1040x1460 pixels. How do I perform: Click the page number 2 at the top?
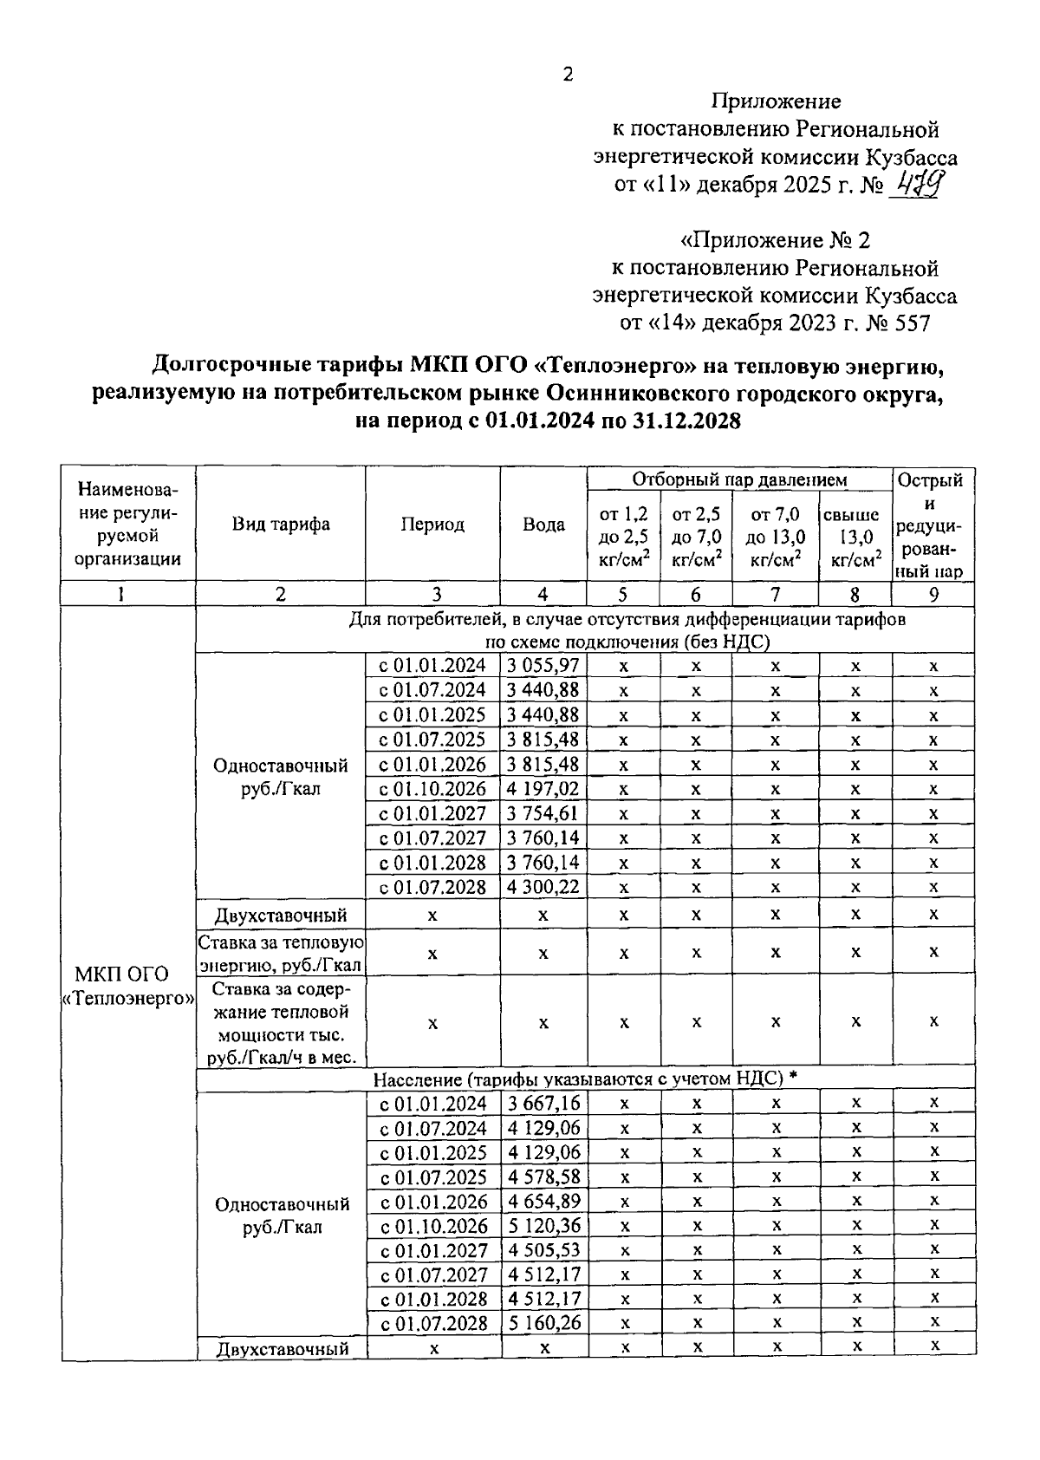[568, 75]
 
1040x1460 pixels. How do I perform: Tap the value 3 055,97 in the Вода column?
[543, 666]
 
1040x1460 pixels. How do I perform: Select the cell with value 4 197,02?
[543, 789]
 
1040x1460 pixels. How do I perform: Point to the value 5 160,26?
[543, 1323]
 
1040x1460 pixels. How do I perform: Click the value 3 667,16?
[543, 1103]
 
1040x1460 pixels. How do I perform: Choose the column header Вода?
[543, 525]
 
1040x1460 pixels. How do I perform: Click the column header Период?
[432, 525]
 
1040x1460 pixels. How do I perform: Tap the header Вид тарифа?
[280, 525]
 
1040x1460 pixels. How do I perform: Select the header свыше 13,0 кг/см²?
[855, 538]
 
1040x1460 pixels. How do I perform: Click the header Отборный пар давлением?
[739, 479]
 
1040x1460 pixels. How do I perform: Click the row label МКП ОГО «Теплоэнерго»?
[128, 986]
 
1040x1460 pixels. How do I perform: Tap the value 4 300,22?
[543, 887]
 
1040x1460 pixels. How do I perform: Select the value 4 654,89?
[543, 1201]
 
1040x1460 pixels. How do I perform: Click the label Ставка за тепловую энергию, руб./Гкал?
[280, 953]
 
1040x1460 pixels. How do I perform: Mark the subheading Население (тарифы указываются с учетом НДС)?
[578, 1079]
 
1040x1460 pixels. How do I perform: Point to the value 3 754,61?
[543, 813]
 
